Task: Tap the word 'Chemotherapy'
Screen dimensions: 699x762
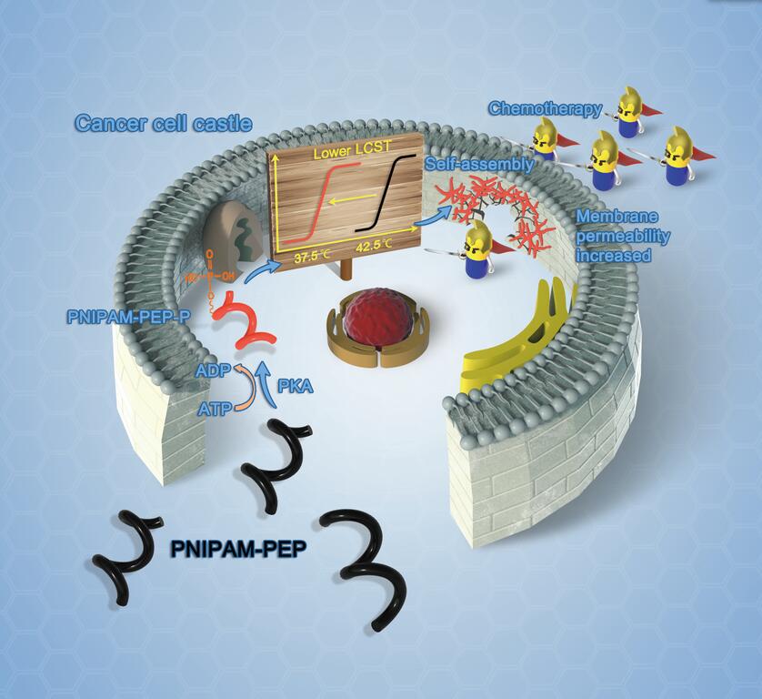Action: [545, 109]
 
